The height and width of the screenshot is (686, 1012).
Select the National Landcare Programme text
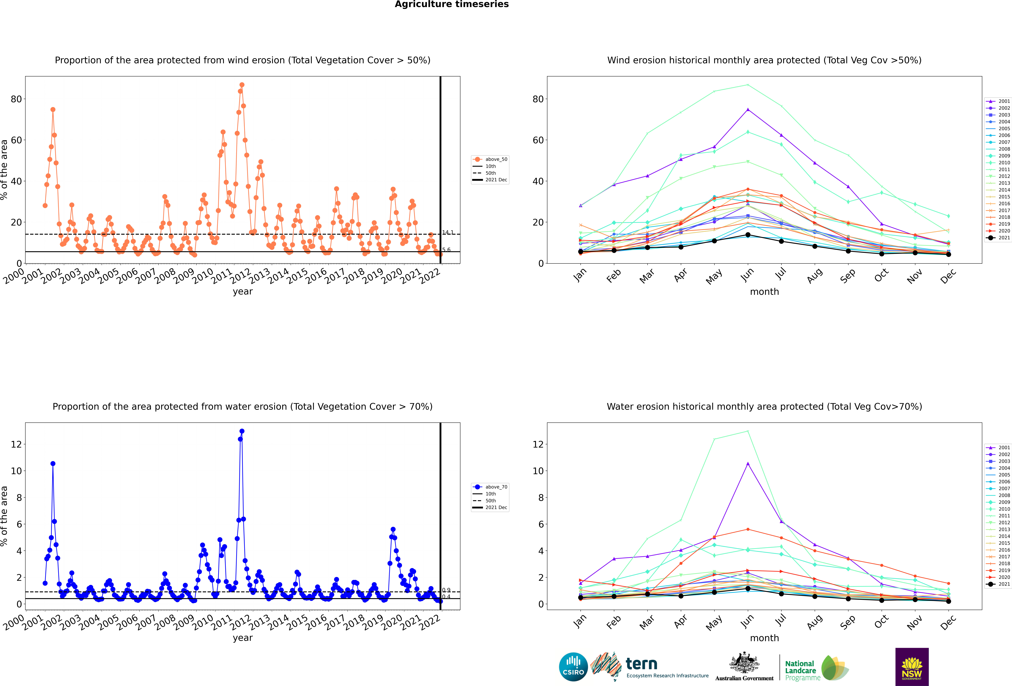[802, 671]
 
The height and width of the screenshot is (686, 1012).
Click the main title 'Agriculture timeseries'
[452, 4]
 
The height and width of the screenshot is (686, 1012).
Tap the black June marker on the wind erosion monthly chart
[748, 235]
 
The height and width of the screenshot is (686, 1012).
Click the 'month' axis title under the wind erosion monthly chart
[764, 292]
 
